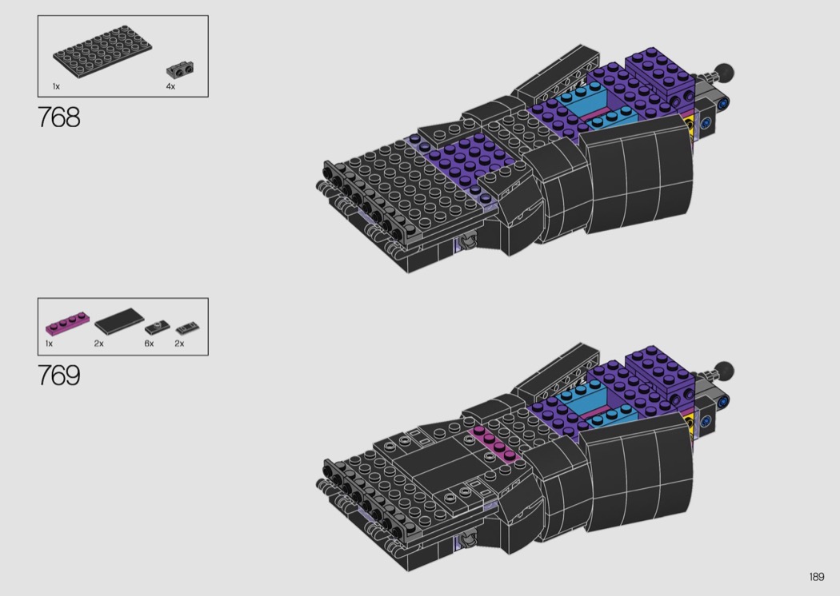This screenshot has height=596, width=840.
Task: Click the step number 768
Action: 59,117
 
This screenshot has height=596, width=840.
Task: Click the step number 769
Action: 59,375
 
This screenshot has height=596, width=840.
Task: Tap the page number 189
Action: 817,577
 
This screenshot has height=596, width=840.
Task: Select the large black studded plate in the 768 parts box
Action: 102,51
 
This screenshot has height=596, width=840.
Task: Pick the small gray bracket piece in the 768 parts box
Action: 179,69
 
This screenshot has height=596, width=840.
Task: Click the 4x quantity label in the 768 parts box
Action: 170,86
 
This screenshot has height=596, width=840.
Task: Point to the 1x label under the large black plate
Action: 56,86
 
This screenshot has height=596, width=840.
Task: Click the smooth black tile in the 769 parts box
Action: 119,320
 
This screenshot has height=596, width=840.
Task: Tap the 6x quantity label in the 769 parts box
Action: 149,344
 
